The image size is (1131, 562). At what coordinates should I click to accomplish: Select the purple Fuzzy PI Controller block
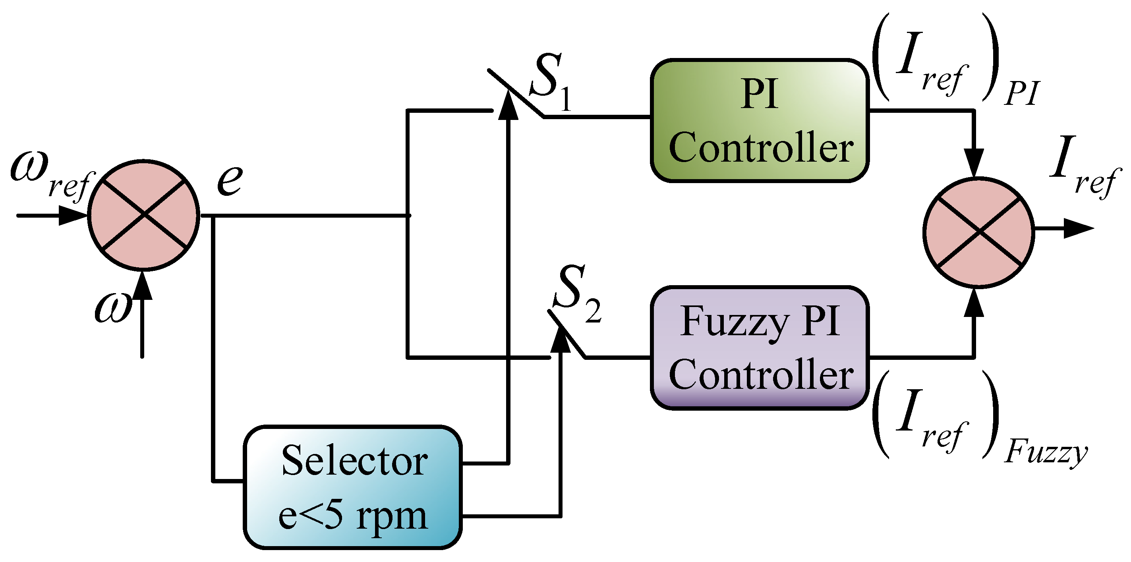(x=759, y=348)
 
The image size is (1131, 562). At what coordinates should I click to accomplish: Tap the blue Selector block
(x=352, y=487)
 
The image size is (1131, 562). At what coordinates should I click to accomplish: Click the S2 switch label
(x=575, y=294)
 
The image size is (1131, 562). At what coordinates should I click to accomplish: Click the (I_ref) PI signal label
(x=953, y=59)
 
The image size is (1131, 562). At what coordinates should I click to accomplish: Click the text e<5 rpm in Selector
(x=352, y=516)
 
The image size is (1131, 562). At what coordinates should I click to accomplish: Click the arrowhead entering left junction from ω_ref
(x=72, y=215)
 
